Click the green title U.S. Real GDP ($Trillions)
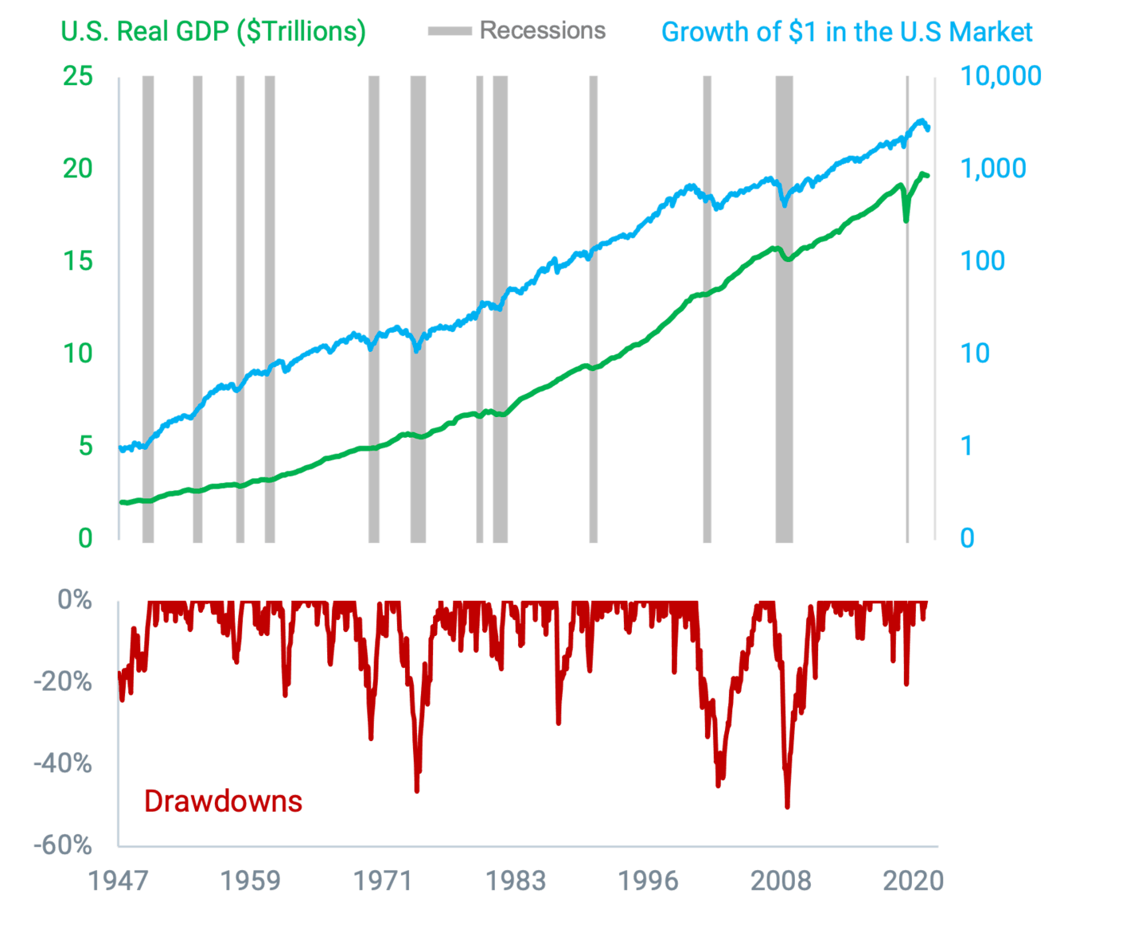(212, 32)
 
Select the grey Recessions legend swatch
(449, 32)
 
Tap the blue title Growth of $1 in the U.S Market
(847, 32)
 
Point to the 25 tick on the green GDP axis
(78, 76)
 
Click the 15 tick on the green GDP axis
(78, 261)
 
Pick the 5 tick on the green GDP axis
(85, 446)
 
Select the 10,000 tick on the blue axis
(1000, 76)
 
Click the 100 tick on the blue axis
(982, 261)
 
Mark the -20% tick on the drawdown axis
(63, 682)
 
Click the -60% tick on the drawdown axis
(63, 845)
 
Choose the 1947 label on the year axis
(119, 881)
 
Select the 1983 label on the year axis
(516, 881)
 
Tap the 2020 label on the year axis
(913, 881)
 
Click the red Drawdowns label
(223, 801)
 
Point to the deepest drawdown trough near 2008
(787, 806)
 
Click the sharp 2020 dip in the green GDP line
(906, 218)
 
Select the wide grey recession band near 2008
(784, 318)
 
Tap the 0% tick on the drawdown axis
(74, 600)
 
